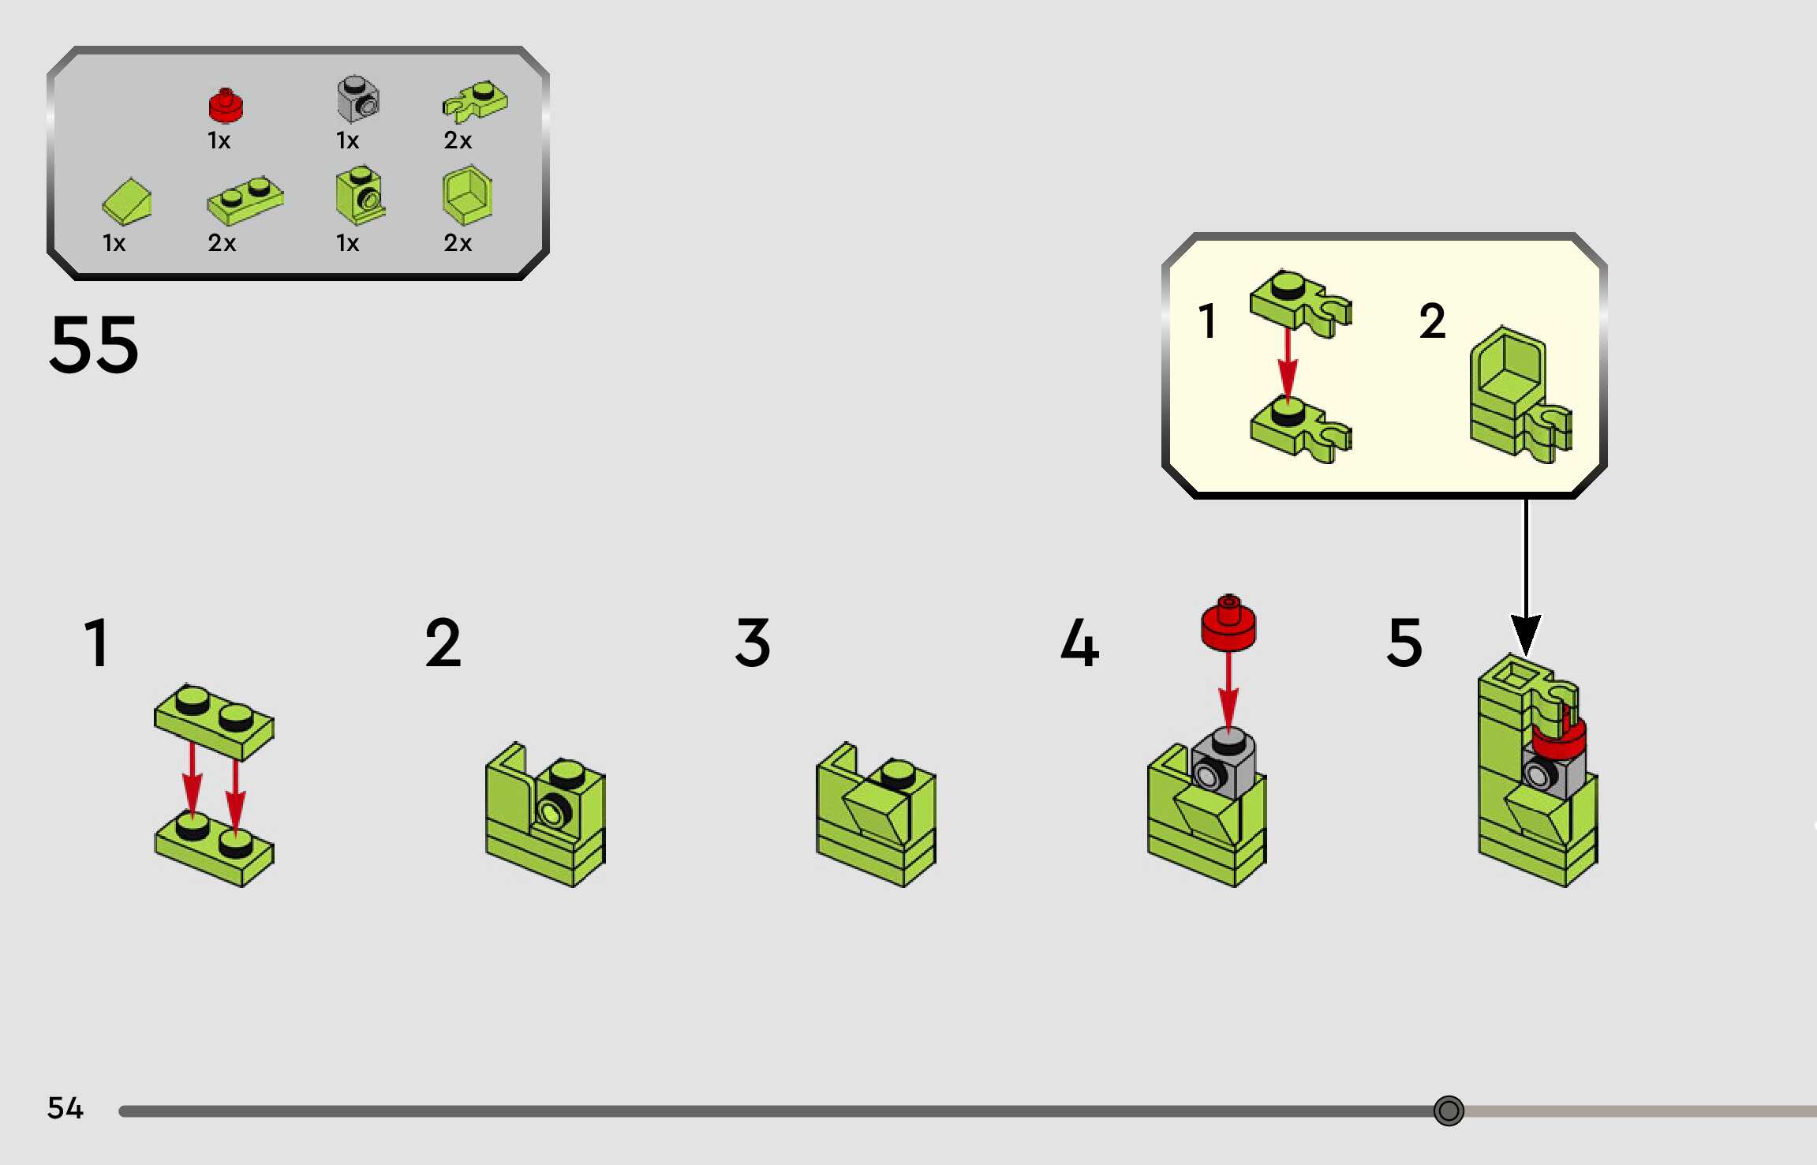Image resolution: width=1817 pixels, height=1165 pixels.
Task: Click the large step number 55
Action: [94, 345]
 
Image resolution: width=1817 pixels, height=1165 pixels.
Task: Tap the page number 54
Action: [65, 1108]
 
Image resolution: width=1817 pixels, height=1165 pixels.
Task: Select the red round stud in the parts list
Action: [226, 106]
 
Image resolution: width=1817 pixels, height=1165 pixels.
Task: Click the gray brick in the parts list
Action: [358, 99]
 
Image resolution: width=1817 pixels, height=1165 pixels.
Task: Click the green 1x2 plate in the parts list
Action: [245, 201]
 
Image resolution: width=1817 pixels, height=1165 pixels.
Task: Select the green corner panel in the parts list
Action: [467, 196]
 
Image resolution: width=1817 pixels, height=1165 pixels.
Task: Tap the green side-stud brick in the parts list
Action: [359, 196]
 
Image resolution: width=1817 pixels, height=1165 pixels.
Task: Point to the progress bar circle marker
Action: [1449, 1111]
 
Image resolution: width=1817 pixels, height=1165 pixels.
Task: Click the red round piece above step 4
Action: [1228, 624]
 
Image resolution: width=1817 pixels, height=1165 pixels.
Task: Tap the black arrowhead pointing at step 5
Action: [1526, 634]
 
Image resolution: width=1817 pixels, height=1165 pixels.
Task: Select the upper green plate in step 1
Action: [214, 721]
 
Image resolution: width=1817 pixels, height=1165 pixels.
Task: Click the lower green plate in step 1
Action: [214, 848]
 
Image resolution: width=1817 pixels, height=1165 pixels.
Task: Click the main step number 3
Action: [753, 643]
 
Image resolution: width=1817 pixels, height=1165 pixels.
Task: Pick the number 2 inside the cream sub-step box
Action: [1432, 321]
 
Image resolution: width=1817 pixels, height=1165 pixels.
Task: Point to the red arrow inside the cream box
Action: [1288, 364]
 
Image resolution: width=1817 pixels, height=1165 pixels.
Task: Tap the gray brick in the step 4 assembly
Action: [1224, 765]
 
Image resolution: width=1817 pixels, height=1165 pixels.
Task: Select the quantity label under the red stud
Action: [219, 140]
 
